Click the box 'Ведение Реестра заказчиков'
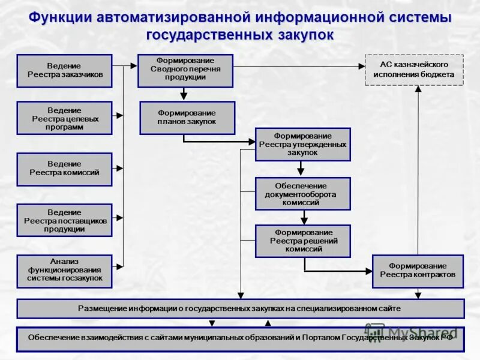coord(64,71)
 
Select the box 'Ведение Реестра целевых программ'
coord(64,118)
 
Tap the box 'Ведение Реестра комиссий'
coord(64,169)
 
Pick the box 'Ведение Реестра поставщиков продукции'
coord(64,220)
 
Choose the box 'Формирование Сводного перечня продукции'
coord(185,71)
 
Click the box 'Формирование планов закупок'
coord(187,118)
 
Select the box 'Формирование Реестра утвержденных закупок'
coord(302,144)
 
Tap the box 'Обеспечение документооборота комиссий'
coord(302,193)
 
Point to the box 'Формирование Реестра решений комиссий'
coord(302,241)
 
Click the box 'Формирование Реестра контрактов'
coord(418,271)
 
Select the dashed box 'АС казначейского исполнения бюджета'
coord(414,70)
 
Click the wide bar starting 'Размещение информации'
coord(240,308)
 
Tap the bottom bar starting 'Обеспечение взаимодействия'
coord(240,338)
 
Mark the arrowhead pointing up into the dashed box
coord(418,89)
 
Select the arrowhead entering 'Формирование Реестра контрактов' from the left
coord(368,271)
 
